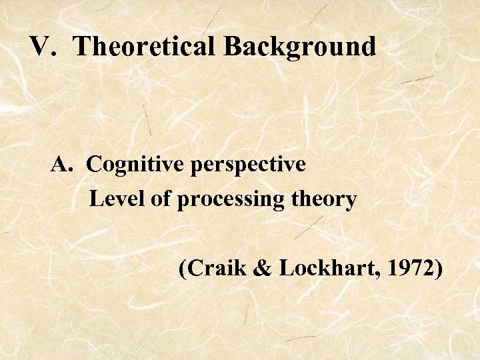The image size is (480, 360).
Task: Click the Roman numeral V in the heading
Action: click(x=40, y=47)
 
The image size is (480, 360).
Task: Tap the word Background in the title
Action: click(x=299, y=47)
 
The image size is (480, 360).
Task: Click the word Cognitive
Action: click(x=136, y=164)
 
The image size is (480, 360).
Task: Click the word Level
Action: click(x=111, y=199)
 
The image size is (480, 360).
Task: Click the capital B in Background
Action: click(x=233, y=47)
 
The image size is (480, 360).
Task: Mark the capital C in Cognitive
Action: click(x=93, y=164)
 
